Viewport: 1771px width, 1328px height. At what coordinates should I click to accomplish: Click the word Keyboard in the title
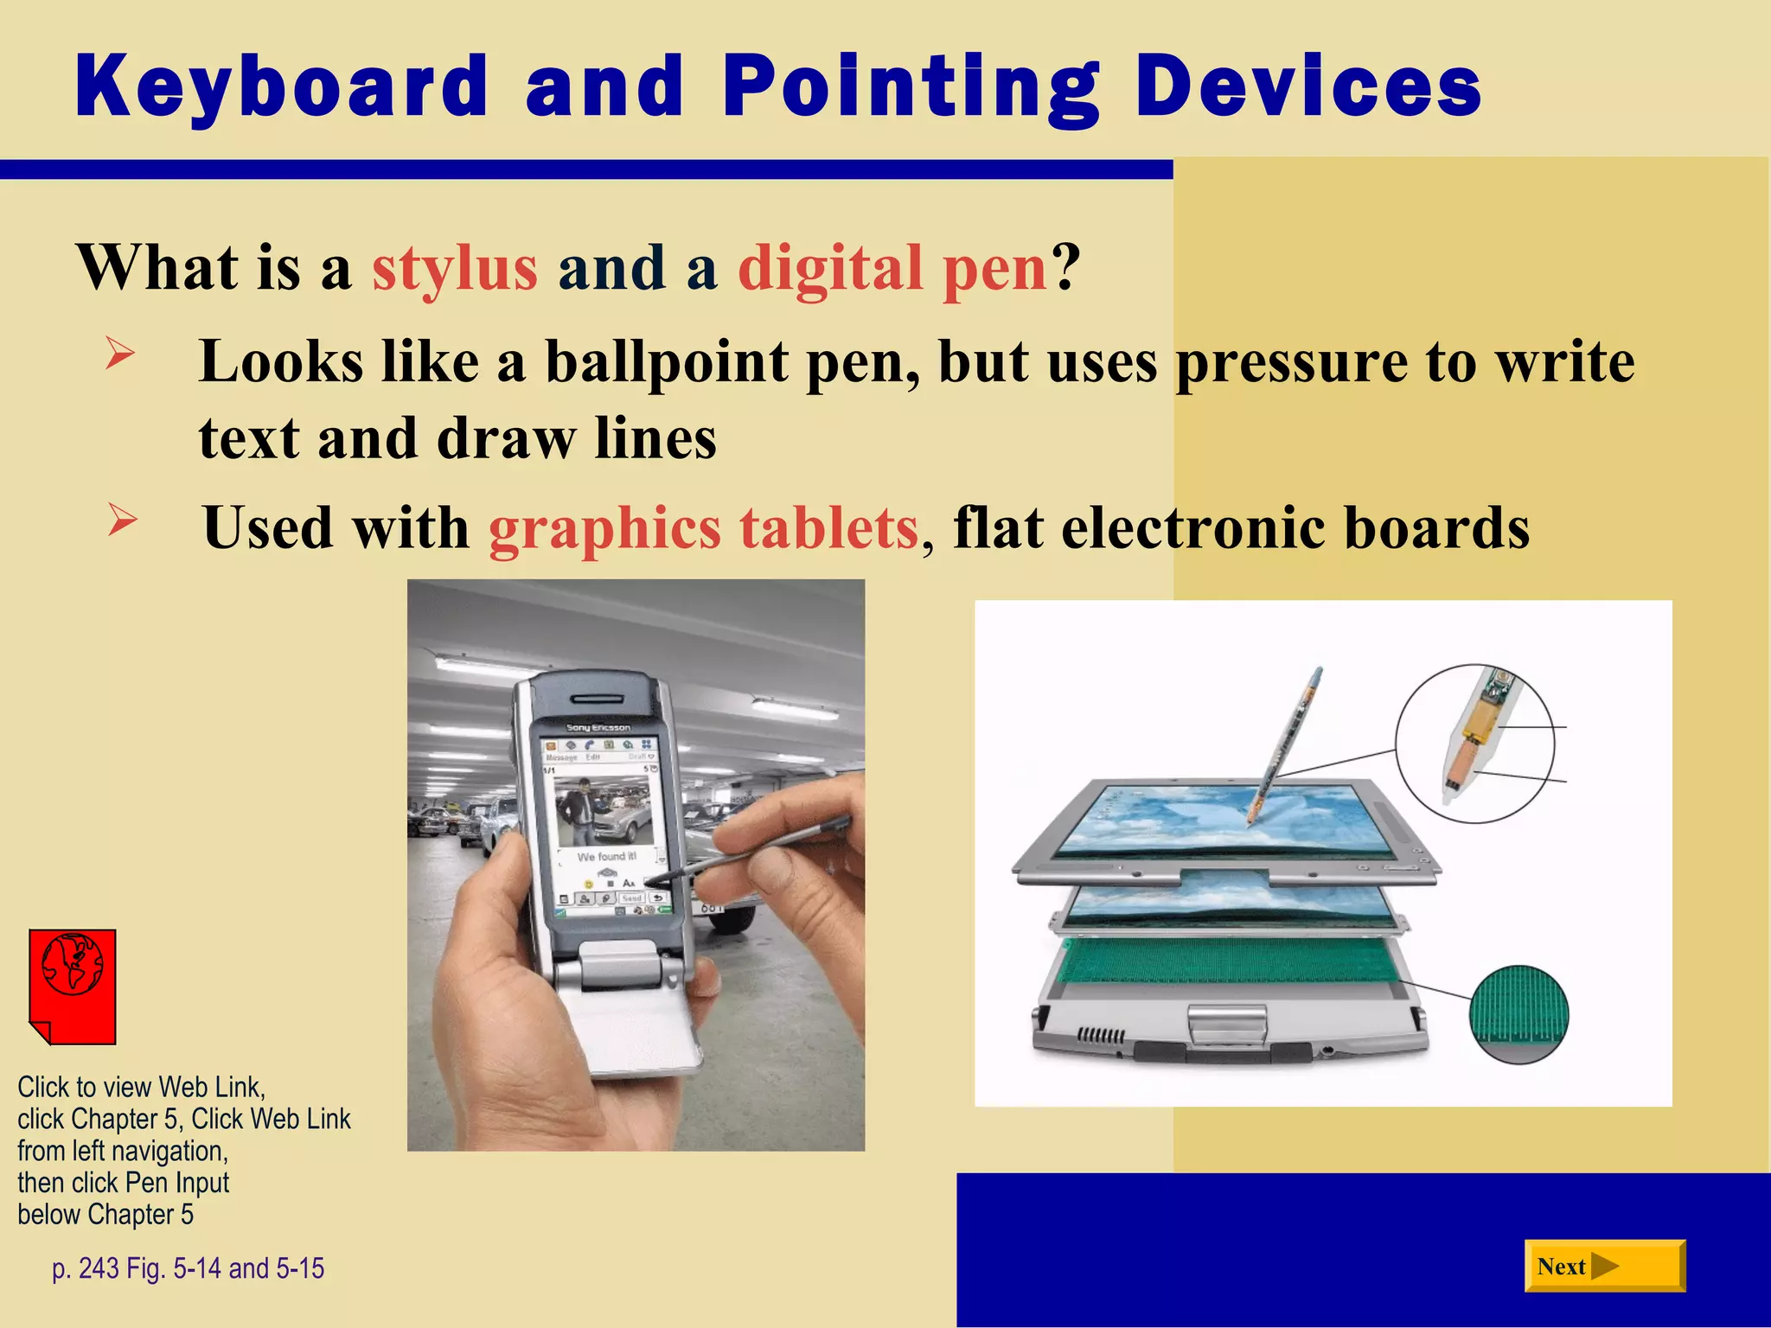[x=282, y=86]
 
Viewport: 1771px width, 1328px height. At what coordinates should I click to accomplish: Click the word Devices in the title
[x=1307, y=86]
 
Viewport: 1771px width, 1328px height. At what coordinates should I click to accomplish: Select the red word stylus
[x=455, y=267]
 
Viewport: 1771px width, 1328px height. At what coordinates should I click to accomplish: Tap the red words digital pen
[x=893, y=267]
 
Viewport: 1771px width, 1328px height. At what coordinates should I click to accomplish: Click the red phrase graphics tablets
[x=703, y=527]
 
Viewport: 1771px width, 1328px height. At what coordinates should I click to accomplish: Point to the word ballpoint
[x=667, y=361]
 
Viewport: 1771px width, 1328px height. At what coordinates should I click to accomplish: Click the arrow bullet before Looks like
[x=120, y=354]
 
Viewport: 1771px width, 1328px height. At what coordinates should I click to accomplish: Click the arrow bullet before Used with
[x=123, y=520]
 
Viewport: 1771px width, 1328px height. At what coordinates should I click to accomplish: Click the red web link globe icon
[x=73, y=986]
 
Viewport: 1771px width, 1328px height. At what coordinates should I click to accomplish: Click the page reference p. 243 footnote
[x=188, y=1268]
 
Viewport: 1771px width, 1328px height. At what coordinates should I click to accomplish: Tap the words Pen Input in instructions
[x=176, y=1183]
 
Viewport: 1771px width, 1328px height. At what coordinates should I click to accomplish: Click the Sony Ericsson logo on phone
[x=598, y=728]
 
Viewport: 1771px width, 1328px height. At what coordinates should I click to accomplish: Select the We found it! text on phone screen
[x=606, y=856]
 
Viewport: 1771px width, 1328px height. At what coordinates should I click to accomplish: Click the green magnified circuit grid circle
[x=1518, y=1014]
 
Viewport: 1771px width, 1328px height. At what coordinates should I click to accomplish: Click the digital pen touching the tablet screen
[x=1284, y=744]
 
